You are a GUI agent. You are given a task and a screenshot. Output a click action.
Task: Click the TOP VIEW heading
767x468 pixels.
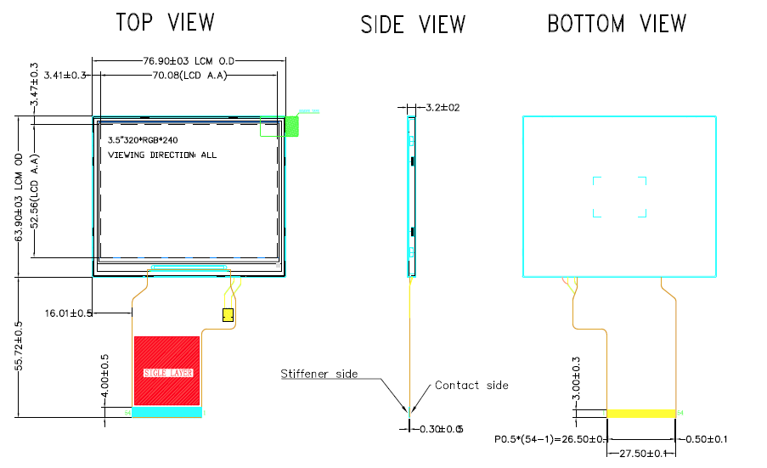tap(165, 23)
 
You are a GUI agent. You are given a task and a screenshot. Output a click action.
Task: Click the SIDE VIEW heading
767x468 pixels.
tap(413, 25)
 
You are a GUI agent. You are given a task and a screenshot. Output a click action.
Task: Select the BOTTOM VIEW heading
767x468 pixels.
tap(617, 23)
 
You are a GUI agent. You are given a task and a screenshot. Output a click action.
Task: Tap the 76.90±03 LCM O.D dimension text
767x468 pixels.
tap(188, 60)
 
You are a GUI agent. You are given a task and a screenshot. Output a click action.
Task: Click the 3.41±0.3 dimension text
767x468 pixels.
tap(65, 76)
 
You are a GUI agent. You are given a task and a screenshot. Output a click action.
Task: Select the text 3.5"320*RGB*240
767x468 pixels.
tap(143, 139)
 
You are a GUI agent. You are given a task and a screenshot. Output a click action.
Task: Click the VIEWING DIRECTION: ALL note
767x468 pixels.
tap(162, 155)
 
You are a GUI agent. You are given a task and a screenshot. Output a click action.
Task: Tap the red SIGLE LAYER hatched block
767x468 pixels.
tap(166, 371)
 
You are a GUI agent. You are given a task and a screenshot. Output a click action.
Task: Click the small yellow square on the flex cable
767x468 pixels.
tap(227, 315)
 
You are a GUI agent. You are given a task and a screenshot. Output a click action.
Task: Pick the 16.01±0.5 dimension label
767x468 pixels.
tap(69, 313)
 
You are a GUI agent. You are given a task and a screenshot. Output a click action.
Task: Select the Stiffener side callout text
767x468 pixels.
tap(319, 374)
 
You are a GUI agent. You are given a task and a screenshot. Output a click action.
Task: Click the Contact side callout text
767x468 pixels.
tap(471, 386)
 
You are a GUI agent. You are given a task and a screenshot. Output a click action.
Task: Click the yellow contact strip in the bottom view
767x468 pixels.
tap(641, 413)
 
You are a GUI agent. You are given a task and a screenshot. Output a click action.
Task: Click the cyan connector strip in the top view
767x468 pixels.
tap(166, 413)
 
